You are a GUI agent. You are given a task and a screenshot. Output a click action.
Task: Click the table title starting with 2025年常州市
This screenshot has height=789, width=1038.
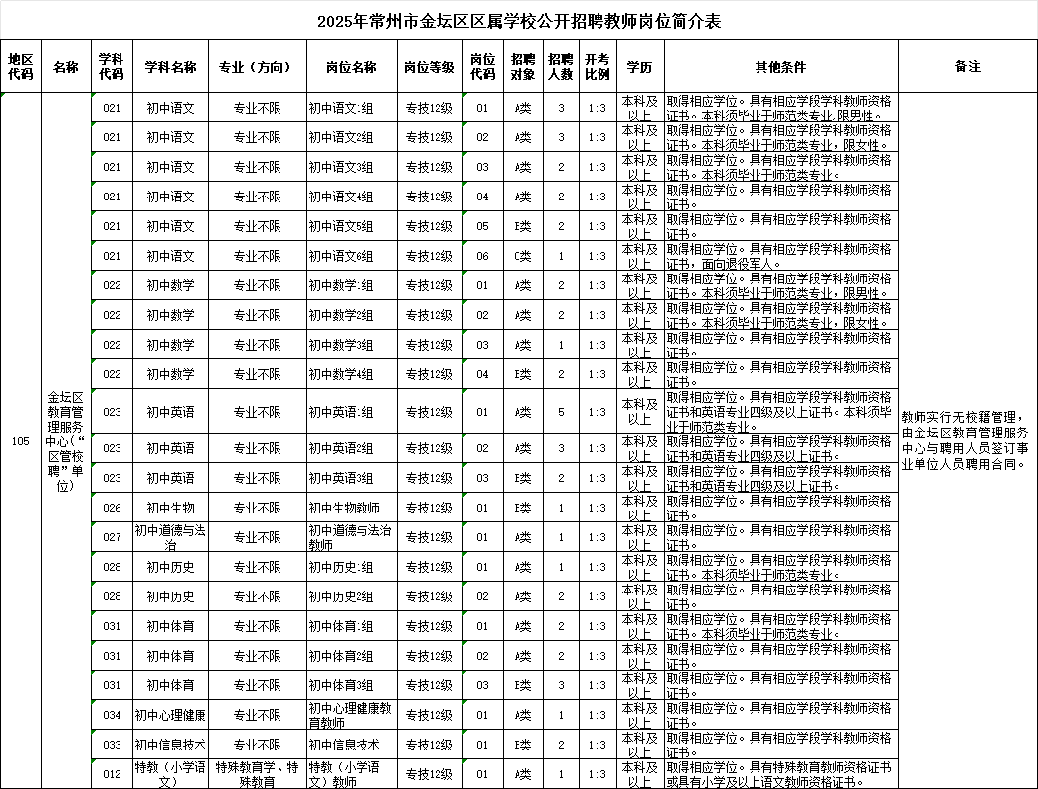pos(519,21)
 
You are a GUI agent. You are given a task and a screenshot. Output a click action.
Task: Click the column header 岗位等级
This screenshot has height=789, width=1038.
pos(430,67)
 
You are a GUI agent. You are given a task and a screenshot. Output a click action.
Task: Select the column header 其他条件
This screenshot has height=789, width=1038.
pos(780,67)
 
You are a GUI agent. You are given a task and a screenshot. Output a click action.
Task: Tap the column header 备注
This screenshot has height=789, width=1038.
pos(967,67)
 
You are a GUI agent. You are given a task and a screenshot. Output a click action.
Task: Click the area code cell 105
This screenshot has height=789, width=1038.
pos(20,441)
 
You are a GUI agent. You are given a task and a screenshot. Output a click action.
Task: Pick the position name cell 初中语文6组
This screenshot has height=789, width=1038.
pos(341,256)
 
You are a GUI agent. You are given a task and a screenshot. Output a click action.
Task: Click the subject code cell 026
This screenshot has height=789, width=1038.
pos(112,508)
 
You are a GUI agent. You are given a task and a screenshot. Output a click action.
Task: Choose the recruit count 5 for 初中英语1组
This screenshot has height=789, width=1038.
pos(561,412)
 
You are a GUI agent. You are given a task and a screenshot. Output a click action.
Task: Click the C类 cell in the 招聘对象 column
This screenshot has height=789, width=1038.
pos(522,256)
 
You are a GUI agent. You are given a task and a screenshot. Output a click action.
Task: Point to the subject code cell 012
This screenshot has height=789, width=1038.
pos(112,774)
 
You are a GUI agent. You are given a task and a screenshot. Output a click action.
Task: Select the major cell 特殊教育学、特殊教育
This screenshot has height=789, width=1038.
pos(257,774)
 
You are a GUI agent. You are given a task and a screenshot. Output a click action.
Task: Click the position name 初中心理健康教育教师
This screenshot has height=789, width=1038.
pos(351,715)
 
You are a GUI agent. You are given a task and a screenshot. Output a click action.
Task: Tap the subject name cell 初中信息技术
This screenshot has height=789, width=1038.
pos(171,745)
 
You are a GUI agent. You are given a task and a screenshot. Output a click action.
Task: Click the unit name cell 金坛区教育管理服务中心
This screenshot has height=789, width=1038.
pos(65,441)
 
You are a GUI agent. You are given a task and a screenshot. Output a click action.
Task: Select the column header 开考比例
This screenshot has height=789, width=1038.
pos(597,67)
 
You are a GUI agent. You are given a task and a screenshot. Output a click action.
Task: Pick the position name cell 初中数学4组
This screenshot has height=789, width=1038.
pos(341,374)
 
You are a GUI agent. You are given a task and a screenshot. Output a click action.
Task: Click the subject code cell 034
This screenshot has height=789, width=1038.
pos(112,715)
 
